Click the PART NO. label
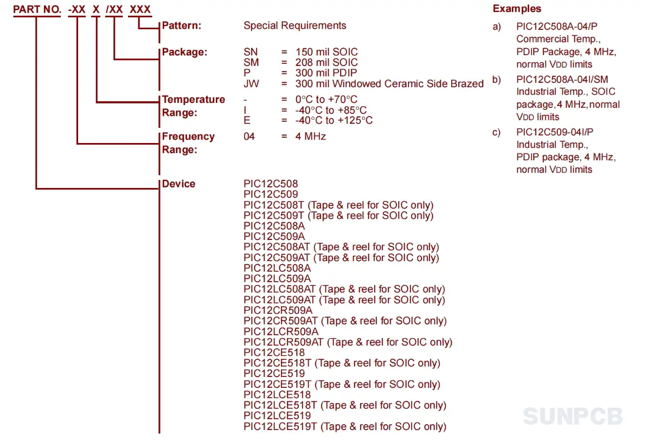click(x=37, y=9)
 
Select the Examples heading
click(x=517, y=9)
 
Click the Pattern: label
click(x=182, y=25)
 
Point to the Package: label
click(x=184, y=52)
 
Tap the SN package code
click(x=251, y=52)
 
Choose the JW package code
click(x=251, y=84)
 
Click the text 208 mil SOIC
click(x=326, y=62)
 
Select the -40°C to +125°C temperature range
click(x=334, y=120)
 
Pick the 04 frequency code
click(x=249, y=136)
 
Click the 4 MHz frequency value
click(x=311, y=136)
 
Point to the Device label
click(x=178, y=184)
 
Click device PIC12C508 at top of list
click(x=271, y=184)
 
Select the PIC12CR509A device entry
click(x=278, y=310)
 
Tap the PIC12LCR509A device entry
click(x=281, y=331)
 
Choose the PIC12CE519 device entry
click(x=274, y=374)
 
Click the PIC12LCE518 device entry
click(x=277, y=394)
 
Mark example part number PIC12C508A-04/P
click(x=556, y=27)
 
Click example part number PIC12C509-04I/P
click(x=555, y=132)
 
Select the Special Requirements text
click(x=294, y=25)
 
